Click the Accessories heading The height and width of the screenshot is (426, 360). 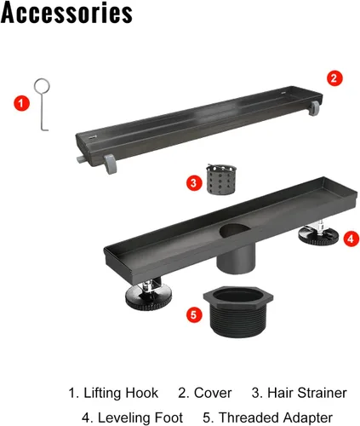tap(66, 13)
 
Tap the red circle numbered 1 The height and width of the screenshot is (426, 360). tap(22, 103)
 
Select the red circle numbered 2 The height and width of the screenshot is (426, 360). tap(334, 78)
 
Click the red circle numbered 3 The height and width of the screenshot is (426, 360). tap(194, 183)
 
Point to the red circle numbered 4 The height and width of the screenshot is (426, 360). tap(351, 239)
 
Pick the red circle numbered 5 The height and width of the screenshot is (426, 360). tap(194, 314)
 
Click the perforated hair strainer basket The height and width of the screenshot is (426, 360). tap(221, 180)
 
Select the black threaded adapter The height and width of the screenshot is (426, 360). tap(238, 312)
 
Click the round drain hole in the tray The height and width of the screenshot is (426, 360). tap(234, 230)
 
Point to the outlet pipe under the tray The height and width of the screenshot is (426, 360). tap(236, 260)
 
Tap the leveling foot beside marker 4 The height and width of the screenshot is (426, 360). tap(318, 234)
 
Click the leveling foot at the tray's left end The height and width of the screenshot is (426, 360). tap(148, 296)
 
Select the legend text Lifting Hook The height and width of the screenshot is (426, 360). tap(121, 393)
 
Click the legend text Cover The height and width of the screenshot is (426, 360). tap(213, 393)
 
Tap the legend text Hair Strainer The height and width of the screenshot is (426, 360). tap(307, 393)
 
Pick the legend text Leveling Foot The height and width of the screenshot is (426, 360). tap(140, 417)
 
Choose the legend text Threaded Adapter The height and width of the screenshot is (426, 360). tap(276, 417)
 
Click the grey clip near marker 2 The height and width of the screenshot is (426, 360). tap(314, 108)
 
